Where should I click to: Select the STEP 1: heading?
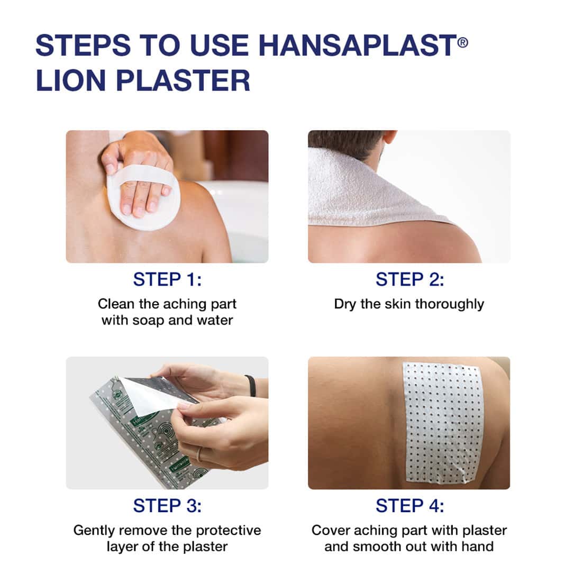coord(167,279)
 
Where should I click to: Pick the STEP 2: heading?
coord(409,279)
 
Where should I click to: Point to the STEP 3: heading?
coord(167,506)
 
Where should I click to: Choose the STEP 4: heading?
coord(409,506)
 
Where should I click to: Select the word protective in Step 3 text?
coord(228,530)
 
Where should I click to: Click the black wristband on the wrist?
coord(251,385)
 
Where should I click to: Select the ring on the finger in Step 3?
coord(199,454)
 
